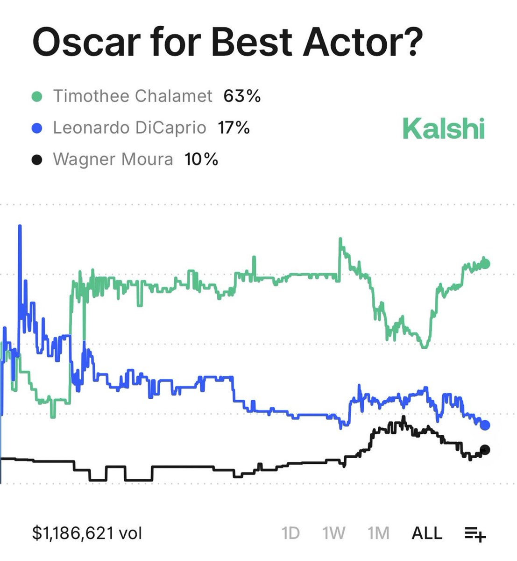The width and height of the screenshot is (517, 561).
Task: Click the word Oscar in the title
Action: point(86,42)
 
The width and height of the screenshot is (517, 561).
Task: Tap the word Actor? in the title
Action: point(362,42)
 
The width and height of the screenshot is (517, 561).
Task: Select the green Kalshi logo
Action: point(443,129)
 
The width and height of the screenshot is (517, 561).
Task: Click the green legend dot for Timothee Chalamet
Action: point(37,97)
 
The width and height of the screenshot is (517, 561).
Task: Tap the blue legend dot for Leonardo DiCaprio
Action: point(37,128)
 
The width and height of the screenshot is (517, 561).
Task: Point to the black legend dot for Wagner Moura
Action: point(37,160)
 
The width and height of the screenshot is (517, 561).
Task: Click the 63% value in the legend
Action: point(242,96)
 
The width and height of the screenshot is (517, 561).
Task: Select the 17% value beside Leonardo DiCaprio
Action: point(234,128)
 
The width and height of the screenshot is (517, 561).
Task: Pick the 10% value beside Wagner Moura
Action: point(201,159)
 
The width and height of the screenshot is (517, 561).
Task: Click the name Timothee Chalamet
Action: point(133,96)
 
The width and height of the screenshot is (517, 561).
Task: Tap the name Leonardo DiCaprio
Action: point(129,128)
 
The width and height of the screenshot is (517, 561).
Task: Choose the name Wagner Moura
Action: point(113,159)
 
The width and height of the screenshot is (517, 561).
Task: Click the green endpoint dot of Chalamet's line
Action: point(485,264)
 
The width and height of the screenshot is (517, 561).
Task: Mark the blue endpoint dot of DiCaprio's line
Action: point(485,425)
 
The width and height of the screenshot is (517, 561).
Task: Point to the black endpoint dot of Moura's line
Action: point(485,450)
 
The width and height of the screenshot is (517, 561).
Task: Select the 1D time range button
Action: point(290,533)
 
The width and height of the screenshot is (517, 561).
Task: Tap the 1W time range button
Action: point(333,533)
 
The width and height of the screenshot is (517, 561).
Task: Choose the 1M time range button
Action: point(378,533)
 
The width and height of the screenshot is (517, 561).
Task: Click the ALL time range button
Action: point(426,533)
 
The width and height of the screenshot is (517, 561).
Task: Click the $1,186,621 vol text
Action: point(87,533)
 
